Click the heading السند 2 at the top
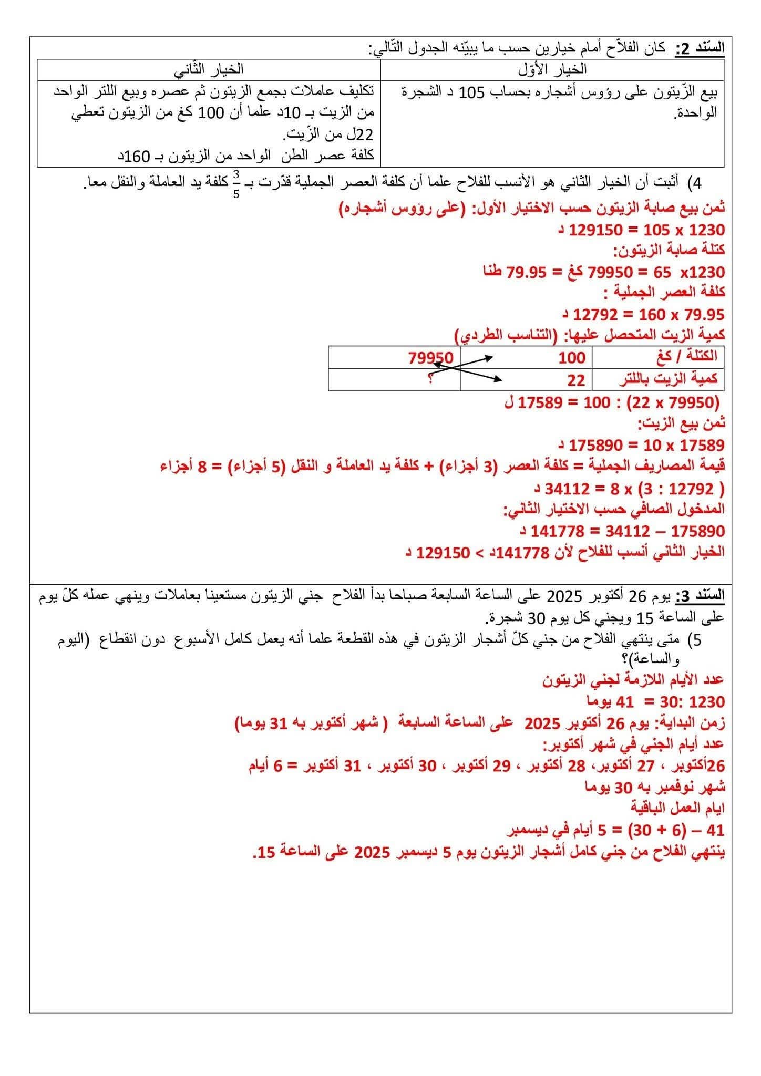700,48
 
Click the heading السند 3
700,596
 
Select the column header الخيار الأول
552,69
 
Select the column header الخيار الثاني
209,69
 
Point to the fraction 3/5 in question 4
236,183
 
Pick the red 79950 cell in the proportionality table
430,357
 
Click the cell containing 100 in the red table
572,357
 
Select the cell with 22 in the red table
576,380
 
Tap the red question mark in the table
430,379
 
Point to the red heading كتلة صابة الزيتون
669,250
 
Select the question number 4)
698,183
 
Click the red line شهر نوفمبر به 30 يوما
655,787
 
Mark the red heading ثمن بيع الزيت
681,423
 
